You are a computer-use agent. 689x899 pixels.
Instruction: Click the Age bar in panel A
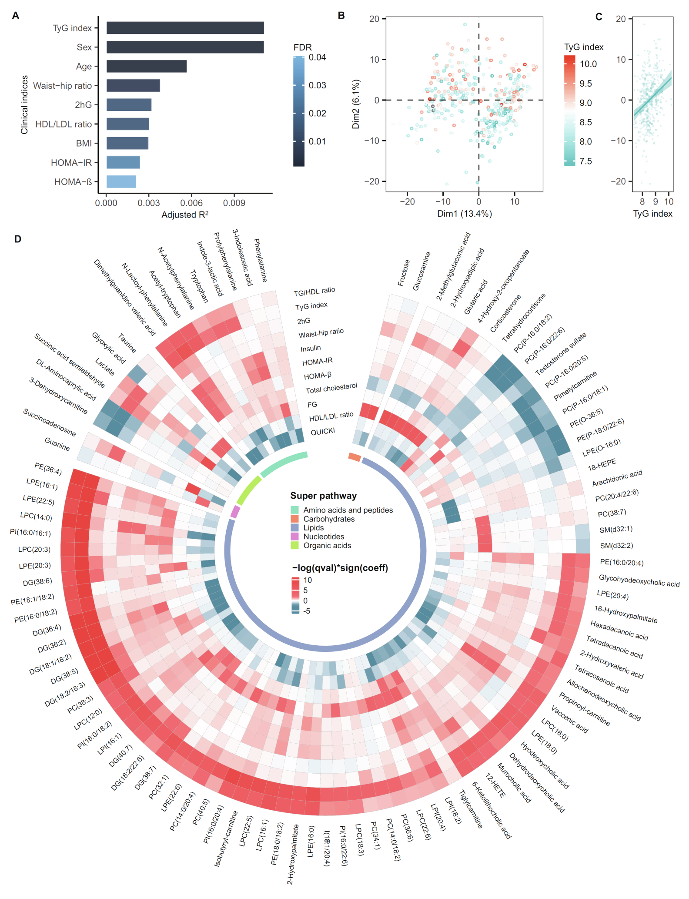coord(146,66)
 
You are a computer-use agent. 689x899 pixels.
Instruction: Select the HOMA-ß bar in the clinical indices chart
coord(121,181)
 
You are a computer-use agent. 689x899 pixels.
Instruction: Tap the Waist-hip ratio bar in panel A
coord(133,85)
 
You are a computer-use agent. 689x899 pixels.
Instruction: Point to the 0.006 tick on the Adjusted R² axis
coord(191,203)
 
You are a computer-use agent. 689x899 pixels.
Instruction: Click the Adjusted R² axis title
coord(185,215)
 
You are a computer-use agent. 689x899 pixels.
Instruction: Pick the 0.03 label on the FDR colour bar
coord(317,85)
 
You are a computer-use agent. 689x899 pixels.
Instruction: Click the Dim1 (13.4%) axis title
coord(464,214)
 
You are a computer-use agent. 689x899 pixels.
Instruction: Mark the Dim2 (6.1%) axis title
coord(356,104)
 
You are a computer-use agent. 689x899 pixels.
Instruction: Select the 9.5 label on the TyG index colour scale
coord(585,84)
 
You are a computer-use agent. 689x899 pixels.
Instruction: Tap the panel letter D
coord(17,239)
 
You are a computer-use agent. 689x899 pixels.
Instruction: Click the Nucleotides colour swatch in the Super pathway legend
coord(294,537)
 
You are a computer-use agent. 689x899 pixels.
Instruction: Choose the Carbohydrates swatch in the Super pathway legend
coord(294,519)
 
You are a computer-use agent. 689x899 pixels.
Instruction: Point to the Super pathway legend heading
coord(323,496)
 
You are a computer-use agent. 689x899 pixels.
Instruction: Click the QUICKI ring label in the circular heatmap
coord(322,431)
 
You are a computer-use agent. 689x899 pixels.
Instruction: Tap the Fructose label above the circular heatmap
coord(404,273)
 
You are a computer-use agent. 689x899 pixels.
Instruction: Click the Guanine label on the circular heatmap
coord(57,444)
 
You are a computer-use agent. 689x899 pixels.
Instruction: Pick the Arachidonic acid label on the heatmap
coord(617,478)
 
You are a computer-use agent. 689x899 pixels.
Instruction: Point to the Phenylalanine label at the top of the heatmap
coord(260,260)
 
